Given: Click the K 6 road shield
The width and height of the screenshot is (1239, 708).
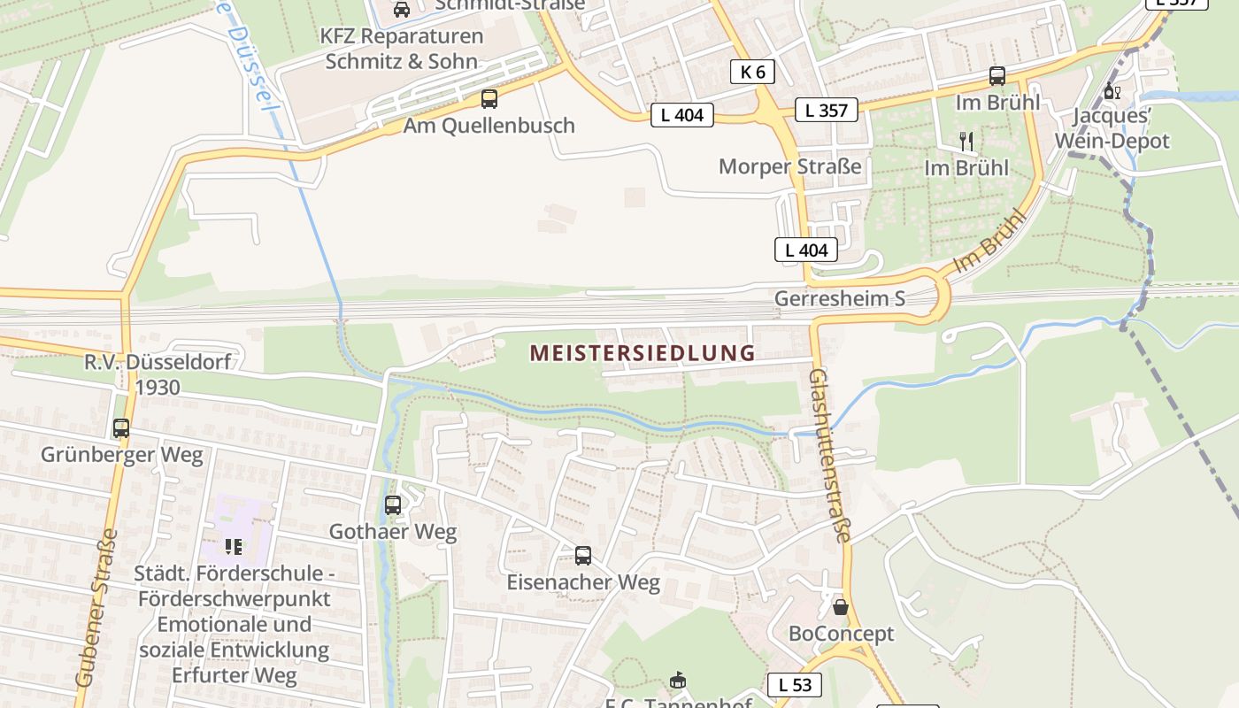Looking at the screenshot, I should [x=752, y=72].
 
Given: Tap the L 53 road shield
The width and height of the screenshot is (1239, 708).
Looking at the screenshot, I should [x=794, y=684].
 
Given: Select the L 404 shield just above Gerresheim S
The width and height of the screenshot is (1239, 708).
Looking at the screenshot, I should [x=805, y=250].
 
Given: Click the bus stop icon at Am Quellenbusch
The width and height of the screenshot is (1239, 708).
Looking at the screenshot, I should [x=489, y=99].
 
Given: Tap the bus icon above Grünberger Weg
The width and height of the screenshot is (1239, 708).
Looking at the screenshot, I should [x=121, y=428].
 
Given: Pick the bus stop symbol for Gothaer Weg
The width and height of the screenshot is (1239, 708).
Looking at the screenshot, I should [x=393, y=505].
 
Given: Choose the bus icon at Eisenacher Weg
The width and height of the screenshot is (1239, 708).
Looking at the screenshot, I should [x=583, y=556].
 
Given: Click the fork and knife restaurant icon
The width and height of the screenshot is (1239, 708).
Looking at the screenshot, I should [x=966, y=141].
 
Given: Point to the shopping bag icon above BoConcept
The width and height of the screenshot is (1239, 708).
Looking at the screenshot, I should [x=841, y=607].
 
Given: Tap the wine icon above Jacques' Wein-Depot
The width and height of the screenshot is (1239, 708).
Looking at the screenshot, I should [x=1112, y=90].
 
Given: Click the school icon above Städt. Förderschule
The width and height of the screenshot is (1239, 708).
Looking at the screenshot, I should [x=234, y=546].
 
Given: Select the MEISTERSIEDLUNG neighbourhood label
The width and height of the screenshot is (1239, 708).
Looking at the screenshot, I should [x=643, y=353].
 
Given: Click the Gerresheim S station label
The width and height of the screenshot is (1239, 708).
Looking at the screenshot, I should [x=840, y=298].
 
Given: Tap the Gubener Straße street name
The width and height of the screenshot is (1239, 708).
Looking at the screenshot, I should [x=97, y=608].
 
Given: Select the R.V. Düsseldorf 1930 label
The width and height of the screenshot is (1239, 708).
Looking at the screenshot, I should [x=158, y=374].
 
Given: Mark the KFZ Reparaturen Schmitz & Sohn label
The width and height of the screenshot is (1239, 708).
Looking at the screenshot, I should [x=402, y=49].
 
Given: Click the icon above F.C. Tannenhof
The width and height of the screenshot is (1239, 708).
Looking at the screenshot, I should [x=678, y=681].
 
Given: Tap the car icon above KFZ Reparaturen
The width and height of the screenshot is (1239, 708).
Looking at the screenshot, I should [x=401, y=9].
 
